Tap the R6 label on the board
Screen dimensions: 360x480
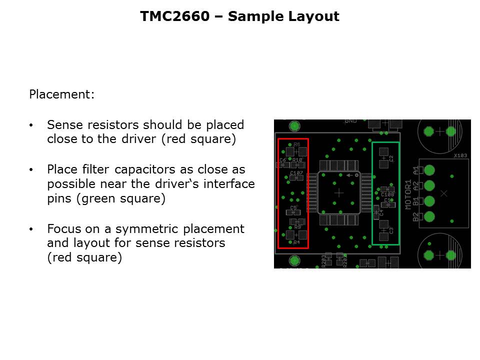(x=297, y=144)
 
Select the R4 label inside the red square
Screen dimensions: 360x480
(x=296, y=242)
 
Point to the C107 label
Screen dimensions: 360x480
(x=296, y=173)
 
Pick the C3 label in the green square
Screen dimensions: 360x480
(x=391, y=230)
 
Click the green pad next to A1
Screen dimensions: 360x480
(x=428, y=170)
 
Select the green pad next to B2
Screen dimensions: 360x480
(x=428, y=216)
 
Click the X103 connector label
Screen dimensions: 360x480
(x=460, y=155)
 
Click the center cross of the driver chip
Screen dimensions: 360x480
(x=339, y=192)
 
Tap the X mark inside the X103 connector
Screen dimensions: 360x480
(x=443, y=193)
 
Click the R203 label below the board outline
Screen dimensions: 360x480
(x=324, y=260)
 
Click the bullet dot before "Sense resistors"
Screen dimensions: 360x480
(x=31, y=125)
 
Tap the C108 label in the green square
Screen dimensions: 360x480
(x=387, y=194)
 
